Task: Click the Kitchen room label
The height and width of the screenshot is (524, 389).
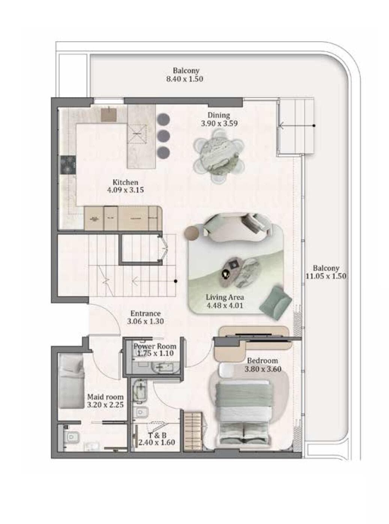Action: click(125, 182)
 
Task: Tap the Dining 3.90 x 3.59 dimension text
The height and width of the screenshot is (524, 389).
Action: click(219, 123)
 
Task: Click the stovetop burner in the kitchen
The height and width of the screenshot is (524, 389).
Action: click(68, 165)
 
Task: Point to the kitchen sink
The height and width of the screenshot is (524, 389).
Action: click(109, 114)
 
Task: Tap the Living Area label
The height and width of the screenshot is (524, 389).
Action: click(224, 297)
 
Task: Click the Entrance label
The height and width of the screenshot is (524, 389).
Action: click(145, 313)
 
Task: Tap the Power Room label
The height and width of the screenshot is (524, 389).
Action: click(155, 346)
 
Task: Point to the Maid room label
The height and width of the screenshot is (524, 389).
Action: click(105, 397)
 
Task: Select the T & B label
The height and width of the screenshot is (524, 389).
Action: click(157, 435)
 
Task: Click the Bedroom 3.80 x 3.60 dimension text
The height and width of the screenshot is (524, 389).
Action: click(263, 369)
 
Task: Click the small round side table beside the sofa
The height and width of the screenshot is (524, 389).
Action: click(193, 232)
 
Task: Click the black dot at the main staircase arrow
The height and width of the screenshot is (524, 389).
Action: click(176, 280)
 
